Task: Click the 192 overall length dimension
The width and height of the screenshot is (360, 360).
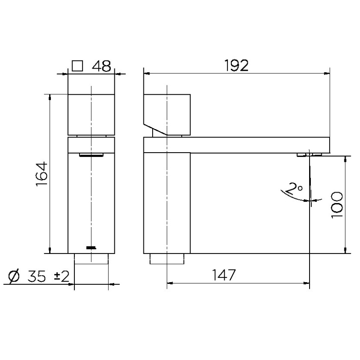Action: [x=237, y=65]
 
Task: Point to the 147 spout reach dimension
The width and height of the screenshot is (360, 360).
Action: [x=224, y=275]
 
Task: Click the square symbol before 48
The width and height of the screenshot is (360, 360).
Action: [x=77, y=66]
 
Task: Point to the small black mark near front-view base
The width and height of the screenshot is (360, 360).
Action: [x=91, y=248]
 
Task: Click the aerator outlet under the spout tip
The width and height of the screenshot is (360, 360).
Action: [x=309, y=154]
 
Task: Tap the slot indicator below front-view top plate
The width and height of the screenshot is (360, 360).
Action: [x=91, y=154]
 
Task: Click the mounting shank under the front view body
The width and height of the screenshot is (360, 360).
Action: [x=91, y=259]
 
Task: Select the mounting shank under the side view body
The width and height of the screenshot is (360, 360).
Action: [x=167, y=259]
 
